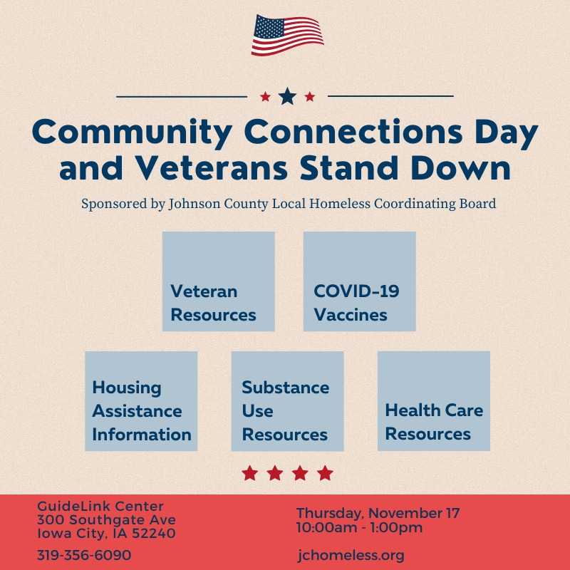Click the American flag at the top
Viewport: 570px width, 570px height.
(287, 35)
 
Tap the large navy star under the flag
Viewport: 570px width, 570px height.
(287, 96)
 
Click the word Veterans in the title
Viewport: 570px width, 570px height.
(212, 168)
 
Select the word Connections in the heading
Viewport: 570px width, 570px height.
(353, 132)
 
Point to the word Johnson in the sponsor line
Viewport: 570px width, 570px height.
(195, 204)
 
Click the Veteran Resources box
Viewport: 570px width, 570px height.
(219, 281)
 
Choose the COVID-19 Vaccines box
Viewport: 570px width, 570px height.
(360, 281)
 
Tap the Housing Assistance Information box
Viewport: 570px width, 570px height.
(141, 401)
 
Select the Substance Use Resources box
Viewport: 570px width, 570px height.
(288, 401)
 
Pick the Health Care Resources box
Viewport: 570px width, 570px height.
(434, 401)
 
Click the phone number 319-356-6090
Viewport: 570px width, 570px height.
(84, 555)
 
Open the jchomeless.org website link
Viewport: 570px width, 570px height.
(351, 556)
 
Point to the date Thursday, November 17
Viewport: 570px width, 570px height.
(378, 513)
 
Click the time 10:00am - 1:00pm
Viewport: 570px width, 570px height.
(360, 527)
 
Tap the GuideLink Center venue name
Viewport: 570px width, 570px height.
(100, 506)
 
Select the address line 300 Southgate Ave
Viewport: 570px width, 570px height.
(106, 520)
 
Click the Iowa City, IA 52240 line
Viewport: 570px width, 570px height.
(106, 533)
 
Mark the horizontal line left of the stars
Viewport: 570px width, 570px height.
(182, 97)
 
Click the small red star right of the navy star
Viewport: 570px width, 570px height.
(310, 97)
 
